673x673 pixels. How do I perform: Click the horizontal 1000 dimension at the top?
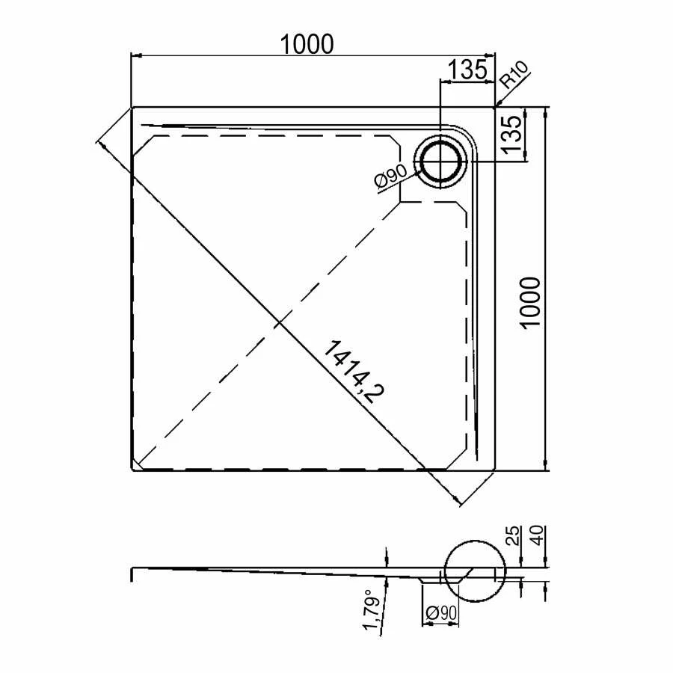(x=307, y=44)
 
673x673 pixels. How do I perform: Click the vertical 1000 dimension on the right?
(x=530, y=303)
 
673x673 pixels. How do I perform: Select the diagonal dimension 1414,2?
(x=353, y=372)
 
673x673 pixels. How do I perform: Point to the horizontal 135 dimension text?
(x=467, y=70)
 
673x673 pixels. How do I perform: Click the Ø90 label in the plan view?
(x=390, y=176)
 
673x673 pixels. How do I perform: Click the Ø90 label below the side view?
(x=441, y=612)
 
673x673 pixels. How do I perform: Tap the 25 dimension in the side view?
(x=514, y=535)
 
